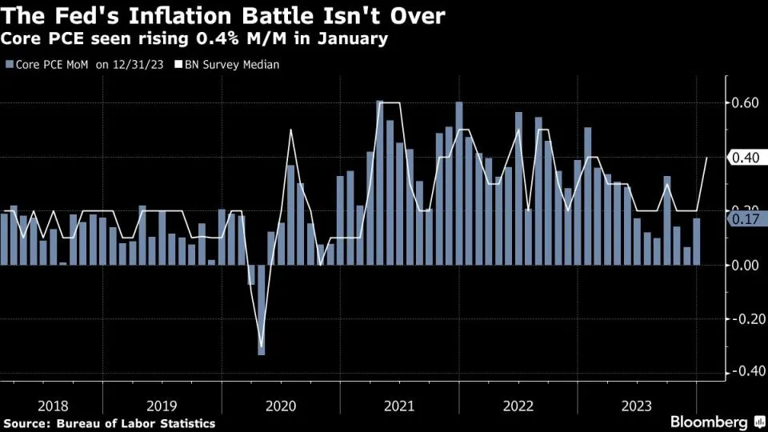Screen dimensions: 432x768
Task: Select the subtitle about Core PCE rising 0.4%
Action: pyautogui.click(x=196, y=39)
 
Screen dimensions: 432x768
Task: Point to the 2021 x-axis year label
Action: pyautogui.click(x=398, y=406)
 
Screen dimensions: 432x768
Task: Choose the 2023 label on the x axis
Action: pyautogui.click(x=637, y=406)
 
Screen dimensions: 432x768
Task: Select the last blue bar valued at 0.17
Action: pyautogui.click(x=697, y=242)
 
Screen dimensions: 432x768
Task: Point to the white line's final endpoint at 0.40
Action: pyautogui.click(x=706, y=158)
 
